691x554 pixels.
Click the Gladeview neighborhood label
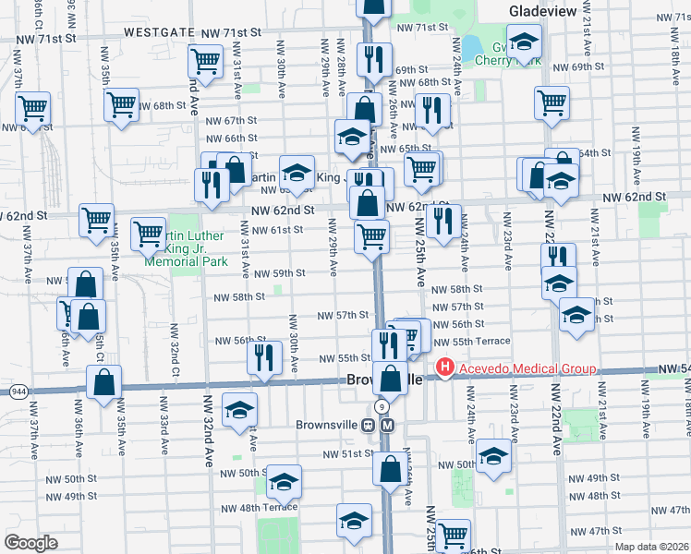pos(542,10)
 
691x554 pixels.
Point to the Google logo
pos(30,543)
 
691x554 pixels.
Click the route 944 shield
pos(18,391)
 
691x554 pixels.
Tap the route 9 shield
pos(381,406)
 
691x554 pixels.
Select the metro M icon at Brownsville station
pos(388,426)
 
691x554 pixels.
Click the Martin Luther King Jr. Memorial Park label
pos(172,248)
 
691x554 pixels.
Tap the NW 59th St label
pos(281,273)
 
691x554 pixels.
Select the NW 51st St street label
pos(346,454)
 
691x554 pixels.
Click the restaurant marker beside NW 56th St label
pos(266,356)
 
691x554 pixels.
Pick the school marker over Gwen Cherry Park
pos(524,42)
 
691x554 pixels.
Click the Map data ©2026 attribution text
pos(651,547)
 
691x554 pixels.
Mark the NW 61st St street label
pos(279,229)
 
